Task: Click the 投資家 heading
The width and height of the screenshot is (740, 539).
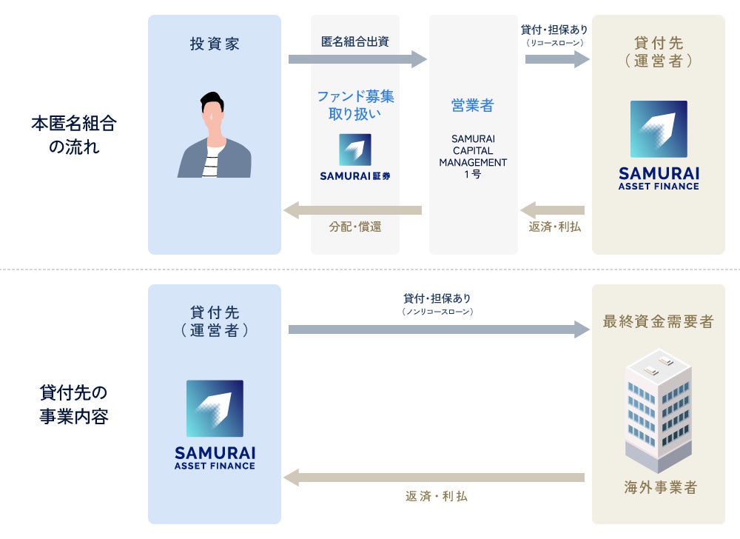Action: tap(215, 44)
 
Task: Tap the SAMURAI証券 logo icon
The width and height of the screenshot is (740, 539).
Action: tap(355, 150)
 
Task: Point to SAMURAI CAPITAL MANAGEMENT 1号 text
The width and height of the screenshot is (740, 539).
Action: tap(473, 156)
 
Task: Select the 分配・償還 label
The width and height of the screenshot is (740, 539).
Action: tap(355, 227)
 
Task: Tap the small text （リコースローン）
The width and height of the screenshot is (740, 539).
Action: tap(555, 43)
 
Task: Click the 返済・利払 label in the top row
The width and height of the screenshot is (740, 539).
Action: tap(555, 227)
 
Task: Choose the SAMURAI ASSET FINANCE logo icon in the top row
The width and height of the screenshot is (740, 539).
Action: tap(659, 129)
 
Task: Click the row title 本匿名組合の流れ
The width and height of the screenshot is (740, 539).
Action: tap(73, 135)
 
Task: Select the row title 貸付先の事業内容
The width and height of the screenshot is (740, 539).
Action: tap(73, 404)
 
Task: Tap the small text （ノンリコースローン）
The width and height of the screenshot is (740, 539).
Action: tap(437, 312)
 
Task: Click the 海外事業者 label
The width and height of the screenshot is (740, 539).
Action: tap(659, 487)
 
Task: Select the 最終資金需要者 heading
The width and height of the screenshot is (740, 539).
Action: tap(659, 321)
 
